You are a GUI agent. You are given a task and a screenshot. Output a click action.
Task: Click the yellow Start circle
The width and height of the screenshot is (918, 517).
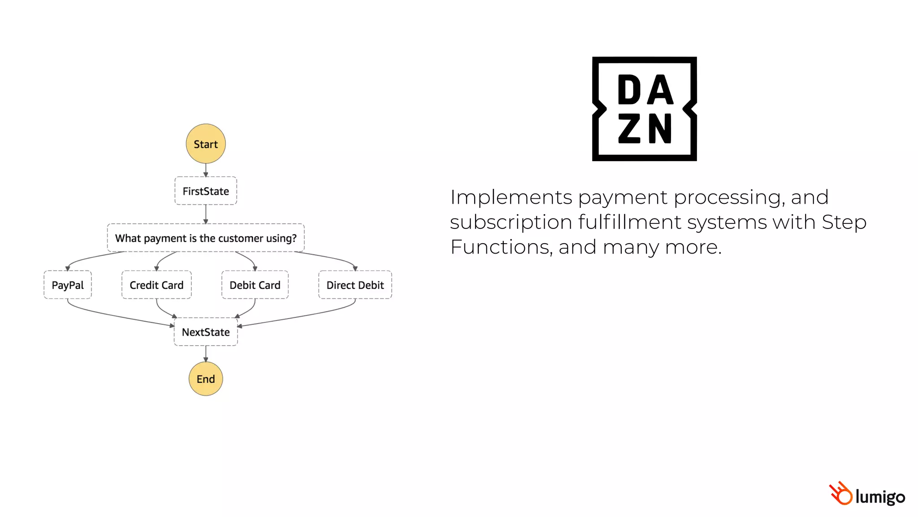(206, 144)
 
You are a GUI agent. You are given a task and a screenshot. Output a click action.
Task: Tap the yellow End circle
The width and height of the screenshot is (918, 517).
(206, 379)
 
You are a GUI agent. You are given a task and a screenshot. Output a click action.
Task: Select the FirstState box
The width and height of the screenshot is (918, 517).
(206, 191)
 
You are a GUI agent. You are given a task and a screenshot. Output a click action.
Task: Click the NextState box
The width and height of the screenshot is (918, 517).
(206, 332)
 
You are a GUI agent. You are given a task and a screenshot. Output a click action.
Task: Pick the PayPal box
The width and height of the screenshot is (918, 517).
(68, 285)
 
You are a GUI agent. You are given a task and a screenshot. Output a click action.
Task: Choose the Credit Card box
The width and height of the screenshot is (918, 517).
(156, 285)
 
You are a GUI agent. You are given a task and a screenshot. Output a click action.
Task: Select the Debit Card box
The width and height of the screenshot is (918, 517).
(255, 285)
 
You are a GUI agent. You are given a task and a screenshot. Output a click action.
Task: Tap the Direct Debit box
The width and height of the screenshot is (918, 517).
(355, 285)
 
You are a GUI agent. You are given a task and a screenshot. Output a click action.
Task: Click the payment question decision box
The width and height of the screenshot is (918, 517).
(206, 238)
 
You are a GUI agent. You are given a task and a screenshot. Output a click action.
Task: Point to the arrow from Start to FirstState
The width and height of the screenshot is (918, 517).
(206, 170)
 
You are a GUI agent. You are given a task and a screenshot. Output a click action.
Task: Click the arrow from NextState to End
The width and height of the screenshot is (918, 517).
(206, 354)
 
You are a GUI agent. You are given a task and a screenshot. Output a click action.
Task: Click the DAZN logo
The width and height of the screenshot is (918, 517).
(644, 109)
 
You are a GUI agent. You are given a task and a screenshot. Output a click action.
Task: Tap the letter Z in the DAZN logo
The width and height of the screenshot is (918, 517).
(629, 129)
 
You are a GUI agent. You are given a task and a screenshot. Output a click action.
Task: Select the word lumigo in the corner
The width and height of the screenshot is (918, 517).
(880, 497)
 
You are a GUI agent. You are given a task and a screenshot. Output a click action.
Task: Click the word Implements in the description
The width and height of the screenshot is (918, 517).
(511, 197)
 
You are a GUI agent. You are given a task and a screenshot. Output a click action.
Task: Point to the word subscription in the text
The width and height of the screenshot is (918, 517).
(511, 223)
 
